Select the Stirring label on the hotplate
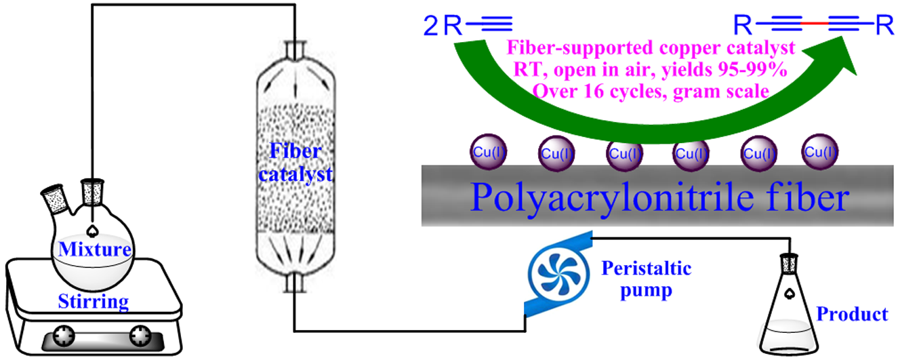[94, 300]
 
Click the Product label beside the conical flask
[851, 314]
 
